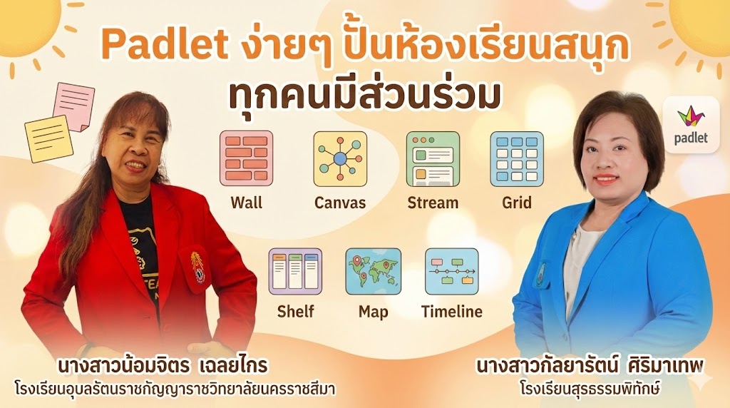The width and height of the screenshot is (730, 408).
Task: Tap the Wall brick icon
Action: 246,158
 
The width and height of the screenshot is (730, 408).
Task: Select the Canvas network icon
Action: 340,158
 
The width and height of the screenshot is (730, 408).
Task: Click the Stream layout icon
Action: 433,158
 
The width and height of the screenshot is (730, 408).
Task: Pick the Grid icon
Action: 517,158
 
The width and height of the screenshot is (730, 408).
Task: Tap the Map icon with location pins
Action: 373,272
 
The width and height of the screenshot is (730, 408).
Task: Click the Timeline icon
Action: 451,272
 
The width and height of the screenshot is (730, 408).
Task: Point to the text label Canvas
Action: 340,203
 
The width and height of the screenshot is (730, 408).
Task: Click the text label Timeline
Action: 451,312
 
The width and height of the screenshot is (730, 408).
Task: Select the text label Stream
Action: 433,203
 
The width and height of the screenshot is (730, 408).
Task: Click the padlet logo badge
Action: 691,124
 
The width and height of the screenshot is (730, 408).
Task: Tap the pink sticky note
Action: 73,106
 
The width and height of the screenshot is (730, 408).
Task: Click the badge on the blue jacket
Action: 540,274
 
